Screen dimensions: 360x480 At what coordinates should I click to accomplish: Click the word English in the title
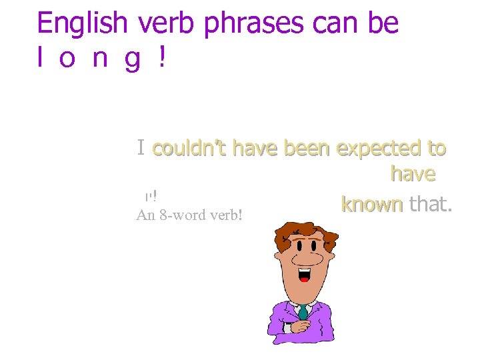[x=82, y=23]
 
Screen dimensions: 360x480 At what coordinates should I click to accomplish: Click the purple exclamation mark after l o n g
[x=161, y=59]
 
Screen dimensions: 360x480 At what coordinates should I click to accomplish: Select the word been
[x=307, y=148]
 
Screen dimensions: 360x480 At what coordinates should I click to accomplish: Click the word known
[x=371, y=204]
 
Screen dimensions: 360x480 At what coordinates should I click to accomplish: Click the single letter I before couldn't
[x=141, y=147]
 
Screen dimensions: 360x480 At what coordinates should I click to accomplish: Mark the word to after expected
[x=435, y=148]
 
